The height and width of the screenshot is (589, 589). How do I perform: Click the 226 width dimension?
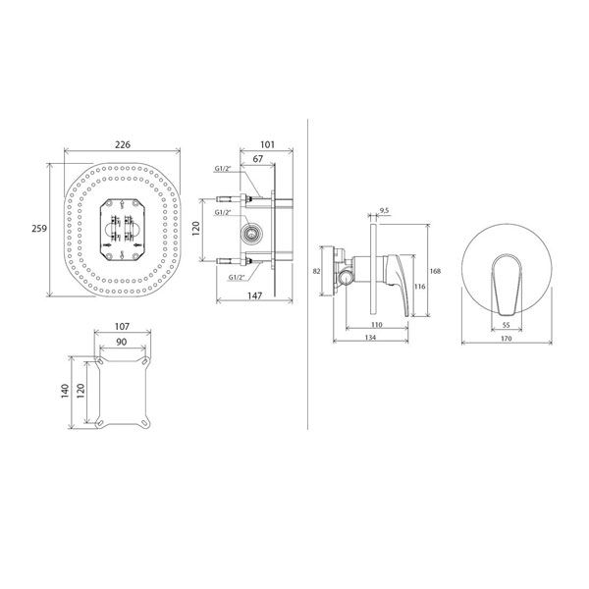point(123,144)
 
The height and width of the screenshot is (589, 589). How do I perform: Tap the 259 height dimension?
point(39,229)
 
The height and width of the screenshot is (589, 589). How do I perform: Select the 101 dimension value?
point(267,144)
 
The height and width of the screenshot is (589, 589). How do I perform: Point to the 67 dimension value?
point(257,159)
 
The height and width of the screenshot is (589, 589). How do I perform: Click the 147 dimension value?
point(254,295)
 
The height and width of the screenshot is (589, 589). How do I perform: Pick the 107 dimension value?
point(122,327)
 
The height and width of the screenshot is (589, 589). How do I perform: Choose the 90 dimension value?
point(122,342)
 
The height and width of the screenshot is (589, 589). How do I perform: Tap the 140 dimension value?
point(65,391)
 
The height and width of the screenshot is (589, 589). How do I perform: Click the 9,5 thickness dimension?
point(384,211)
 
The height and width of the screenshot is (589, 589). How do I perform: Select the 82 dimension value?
point(316,271)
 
